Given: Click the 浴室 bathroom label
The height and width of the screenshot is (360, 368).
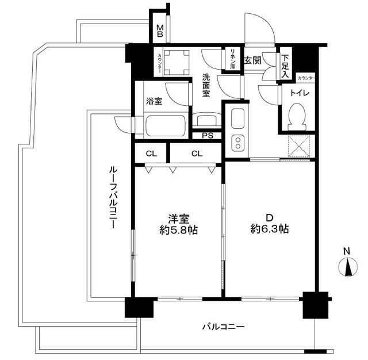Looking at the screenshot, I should [154, 101].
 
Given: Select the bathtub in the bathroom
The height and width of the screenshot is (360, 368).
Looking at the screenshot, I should [166, 124].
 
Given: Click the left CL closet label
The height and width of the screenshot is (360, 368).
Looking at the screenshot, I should [151, 154].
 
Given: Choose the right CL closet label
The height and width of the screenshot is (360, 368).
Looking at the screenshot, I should [197, 154].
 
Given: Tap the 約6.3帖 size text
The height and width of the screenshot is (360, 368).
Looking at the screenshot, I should [269, 228].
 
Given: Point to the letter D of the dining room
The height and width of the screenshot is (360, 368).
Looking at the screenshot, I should [269, 217].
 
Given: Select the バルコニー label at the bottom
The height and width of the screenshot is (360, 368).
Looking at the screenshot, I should [223, 327].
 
